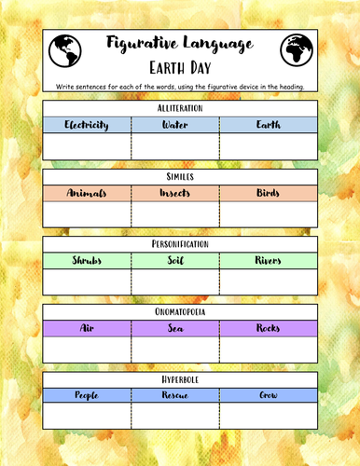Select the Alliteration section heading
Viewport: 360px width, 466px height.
coord(180,109)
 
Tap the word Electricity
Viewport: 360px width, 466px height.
coord(87,125)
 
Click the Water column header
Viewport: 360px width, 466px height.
coord(175,125)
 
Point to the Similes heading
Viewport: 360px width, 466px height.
coord(180,176)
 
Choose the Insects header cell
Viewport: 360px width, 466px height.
coord(175,193)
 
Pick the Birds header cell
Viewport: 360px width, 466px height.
coord(269,193)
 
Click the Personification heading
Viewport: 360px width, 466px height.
coord(180,244)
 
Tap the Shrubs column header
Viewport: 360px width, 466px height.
coord(87,260)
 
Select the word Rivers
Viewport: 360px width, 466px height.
coord(269,260)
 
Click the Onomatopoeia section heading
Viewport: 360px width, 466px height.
coord(180,312)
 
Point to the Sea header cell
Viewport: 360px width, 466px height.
coord(175,328)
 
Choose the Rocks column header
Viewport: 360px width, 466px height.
coord(269,328)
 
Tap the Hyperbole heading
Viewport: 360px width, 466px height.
coord(180,379)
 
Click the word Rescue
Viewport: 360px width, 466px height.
coord(175,395)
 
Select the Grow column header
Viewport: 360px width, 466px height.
coord(269,395)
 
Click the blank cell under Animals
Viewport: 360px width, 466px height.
coord(87,214)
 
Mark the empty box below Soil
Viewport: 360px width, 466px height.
coord(175,281)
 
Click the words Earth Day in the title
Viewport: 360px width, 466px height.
coord(180,68)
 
